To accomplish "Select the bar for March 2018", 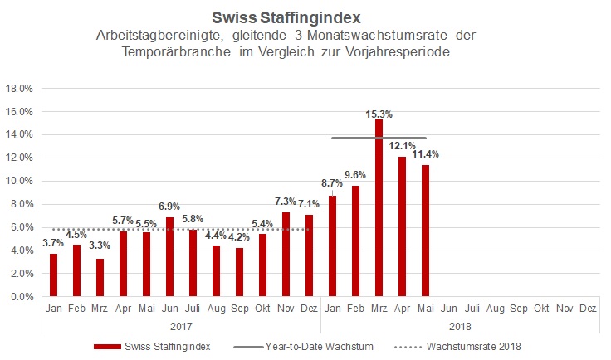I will click(379, 207).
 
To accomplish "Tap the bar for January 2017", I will click(53, 275).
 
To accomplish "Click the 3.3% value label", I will click(99, 246).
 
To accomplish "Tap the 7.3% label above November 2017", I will click(286, 201).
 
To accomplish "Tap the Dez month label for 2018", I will click(589, 308).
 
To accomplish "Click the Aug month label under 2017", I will click(217, 308).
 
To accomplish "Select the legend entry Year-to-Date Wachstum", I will click(316, 346).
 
